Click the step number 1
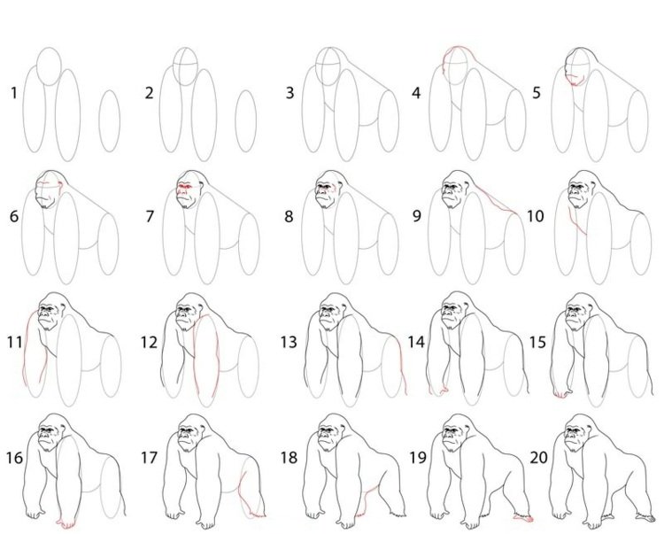[13, 93]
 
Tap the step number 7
[149, 216]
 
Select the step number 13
[289, 342]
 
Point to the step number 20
[538, 457]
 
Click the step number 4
[416, 93]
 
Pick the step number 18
[289, 457]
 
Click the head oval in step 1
[49, 66]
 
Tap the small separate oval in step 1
[109, 120]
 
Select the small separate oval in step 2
[245, 121]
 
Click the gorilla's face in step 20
[575, 436]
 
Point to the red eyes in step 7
[184, 187]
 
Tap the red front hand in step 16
[67, 523]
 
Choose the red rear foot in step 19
[523, 517]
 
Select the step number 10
[535, 216]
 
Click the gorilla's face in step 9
[452, 194]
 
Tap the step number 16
[14, 457]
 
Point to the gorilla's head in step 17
[190, 433]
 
